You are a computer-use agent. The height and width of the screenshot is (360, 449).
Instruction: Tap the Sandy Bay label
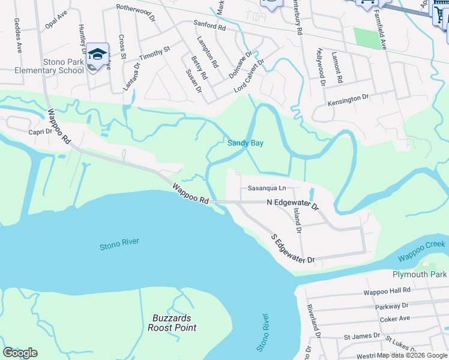click(246, 143)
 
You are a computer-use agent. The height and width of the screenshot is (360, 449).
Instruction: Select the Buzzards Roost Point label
click(172, 323)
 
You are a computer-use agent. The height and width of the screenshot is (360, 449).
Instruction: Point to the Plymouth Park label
click(420, 274)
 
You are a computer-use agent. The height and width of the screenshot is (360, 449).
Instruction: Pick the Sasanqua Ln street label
click(267, 188)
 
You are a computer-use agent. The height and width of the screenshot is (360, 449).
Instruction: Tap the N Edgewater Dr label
click(292, 203)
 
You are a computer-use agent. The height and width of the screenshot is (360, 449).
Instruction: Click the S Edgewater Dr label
click(292, 250)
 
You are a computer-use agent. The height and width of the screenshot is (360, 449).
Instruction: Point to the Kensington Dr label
click(348, 100)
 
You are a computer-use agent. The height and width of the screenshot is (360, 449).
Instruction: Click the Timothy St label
click(155, 53)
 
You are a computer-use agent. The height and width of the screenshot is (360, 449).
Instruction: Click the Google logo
click(20, 353)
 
